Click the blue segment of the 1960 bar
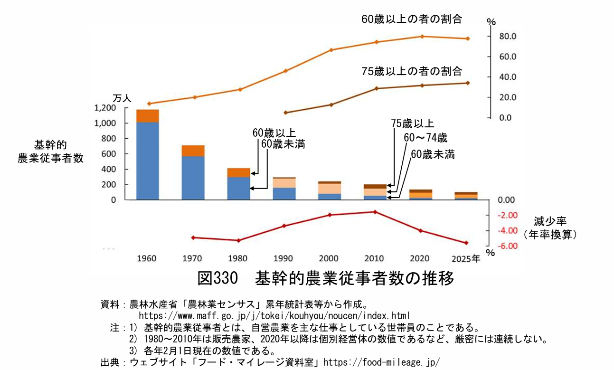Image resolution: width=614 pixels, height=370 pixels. click(147, 161)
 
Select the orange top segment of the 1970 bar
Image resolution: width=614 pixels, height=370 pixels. click(193, 151)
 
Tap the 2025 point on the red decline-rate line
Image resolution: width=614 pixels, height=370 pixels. click(466, 243)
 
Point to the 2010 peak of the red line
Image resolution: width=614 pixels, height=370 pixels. click(375, 212)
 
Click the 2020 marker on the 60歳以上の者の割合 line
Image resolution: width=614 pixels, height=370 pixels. click(422, 37)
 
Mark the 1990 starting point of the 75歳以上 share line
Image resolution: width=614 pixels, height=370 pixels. click(285, 113)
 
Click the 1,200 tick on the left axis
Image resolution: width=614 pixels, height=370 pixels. click(105, 108)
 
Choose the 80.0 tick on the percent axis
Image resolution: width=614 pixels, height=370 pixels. click(507, 37)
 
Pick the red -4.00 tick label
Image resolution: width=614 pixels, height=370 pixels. click(507, 231)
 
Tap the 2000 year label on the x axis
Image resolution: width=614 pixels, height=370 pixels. click(329, 258)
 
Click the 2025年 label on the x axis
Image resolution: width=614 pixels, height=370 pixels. click(467, 258)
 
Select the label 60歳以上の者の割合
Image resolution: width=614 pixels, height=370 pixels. click(412, 19)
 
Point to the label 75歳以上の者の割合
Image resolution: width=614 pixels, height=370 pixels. click(412, 71)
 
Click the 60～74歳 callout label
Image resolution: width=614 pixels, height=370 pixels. click(425, 138)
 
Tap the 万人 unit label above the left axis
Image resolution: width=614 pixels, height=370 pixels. click(122, 98)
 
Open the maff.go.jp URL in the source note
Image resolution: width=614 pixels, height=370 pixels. click(274, 315)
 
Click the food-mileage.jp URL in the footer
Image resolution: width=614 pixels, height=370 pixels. click(381, 362)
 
